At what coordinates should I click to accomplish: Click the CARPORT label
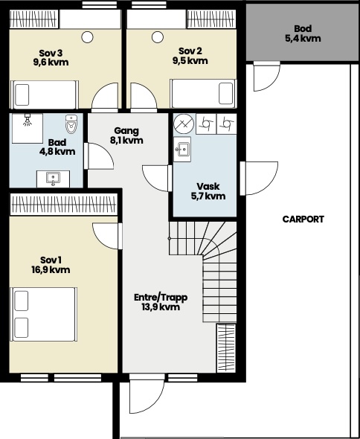point(303,219)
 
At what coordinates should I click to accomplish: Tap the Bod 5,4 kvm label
point(303,33)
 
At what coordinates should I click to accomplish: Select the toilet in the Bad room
point(71,124)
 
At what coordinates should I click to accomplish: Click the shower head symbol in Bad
point(28,120)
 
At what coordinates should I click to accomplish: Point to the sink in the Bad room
point(54,179)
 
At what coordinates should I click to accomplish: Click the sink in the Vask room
point(182,150)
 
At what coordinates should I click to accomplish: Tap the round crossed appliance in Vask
point(184,124)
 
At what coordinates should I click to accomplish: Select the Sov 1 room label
point(51,265)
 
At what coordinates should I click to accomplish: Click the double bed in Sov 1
point(43,314)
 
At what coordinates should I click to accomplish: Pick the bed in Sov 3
point(44,94)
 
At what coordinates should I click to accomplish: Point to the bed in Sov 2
point(204,94)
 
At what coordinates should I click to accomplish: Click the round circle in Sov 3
point(87,37)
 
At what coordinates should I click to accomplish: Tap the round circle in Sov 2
point(158,37)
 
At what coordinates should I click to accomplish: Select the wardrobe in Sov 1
point(63,205)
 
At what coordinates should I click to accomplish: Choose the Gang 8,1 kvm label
point(126,135)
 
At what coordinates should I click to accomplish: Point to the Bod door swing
point(267,77)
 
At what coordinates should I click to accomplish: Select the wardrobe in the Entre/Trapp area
point(226,348)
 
